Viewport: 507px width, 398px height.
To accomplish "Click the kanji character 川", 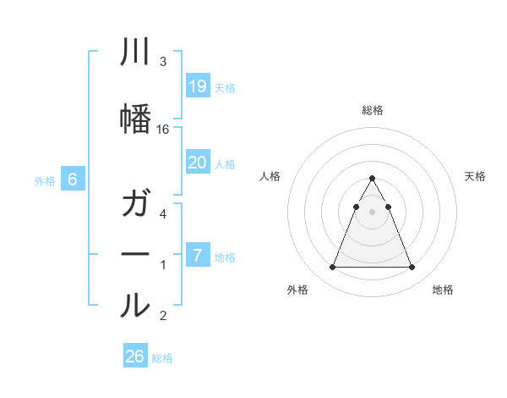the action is click(135, 52).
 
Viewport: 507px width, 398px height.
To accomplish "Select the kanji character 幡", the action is click(135, 119).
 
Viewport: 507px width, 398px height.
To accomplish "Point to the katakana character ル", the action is click(135, 305).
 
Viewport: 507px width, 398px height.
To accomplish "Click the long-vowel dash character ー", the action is click(135, 255).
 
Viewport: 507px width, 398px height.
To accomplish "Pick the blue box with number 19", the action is click(197, 86).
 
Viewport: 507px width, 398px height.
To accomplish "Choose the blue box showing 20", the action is click(197, 163).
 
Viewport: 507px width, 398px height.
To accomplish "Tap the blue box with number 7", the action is click(197, 255).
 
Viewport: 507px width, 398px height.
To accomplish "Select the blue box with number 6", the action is click(73, 180).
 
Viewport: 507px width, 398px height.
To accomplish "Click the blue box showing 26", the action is click(135, 357).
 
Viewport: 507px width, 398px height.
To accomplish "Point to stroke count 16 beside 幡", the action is click(163, 130).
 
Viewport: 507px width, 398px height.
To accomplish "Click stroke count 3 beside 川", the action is click(163, 62).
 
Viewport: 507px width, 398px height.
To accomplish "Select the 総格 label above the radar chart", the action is click(372, 110).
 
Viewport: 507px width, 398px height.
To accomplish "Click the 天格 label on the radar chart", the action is click(475, 176).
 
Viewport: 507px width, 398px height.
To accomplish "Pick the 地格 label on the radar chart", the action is click(443, 290).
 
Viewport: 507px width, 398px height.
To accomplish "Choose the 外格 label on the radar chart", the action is click(297, 290).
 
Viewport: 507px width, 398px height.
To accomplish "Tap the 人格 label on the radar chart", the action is click(270, 176).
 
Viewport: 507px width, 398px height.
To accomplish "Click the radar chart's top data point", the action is click(372, 179).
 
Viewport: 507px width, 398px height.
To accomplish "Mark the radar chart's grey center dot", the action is click(372, 212).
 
